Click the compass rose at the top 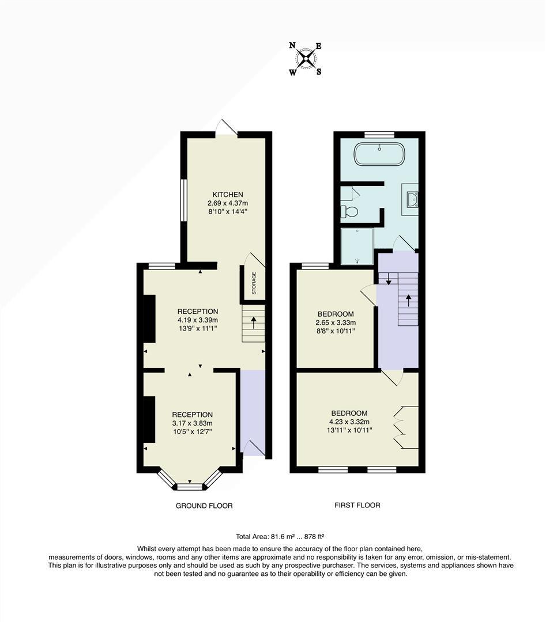point(306,58)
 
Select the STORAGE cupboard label point(254,283)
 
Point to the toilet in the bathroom point(349,211)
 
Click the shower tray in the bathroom point(357,246)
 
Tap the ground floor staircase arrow point(254,322)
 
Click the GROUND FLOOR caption point(204,506)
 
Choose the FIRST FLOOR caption point(357,505)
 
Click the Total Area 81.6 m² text point(275,535)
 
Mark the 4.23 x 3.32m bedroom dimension point(349,422)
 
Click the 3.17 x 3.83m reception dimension point(192,423)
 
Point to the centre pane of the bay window point(190,487)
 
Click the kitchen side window point(183,200)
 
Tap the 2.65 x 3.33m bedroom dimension point(335,323)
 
